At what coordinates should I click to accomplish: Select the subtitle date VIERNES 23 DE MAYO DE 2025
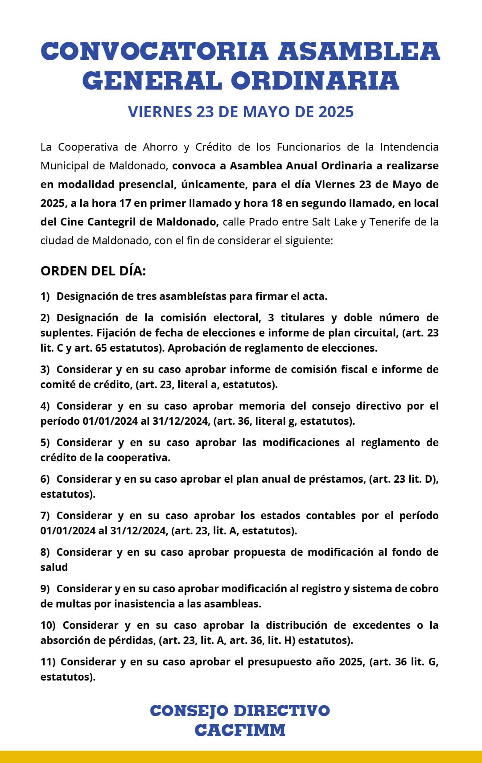point(241,112)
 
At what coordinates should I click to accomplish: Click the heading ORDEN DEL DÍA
point(93,271)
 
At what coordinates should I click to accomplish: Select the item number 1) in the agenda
point(45,296)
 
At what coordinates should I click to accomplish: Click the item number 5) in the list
point(45,443)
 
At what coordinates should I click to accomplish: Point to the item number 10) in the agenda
point(48,625)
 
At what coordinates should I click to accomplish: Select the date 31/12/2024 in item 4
point(181,421)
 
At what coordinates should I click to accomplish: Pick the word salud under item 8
point(54,567)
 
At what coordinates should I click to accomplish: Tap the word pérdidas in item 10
point(132,640)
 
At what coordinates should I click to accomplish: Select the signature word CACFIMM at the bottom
point(240,730)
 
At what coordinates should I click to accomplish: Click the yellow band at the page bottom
point(241,757)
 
